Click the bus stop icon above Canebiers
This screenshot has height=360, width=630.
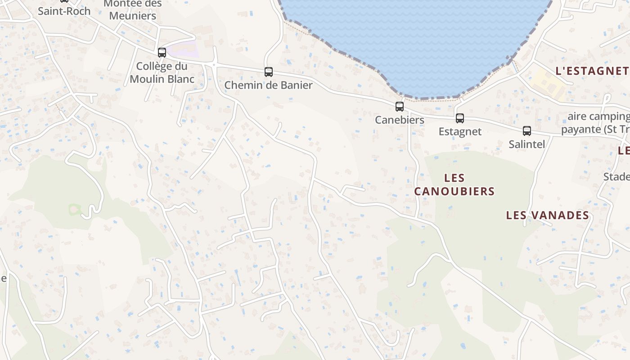399,107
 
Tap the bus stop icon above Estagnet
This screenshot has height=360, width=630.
459,118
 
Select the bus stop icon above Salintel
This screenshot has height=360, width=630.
526,131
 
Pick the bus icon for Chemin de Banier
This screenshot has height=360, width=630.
268,72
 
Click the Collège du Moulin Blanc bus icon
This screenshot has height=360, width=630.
162,53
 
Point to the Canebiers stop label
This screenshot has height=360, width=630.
400,120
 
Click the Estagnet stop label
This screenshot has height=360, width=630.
460,131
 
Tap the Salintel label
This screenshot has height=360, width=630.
526,144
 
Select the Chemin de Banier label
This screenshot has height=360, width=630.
268,85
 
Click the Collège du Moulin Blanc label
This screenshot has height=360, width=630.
162,72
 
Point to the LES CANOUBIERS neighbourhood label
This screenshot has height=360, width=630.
454,184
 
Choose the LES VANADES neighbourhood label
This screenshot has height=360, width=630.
547,215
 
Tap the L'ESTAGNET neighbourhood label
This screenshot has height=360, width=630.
591,71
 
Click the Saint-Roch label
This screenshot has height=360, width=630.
64,11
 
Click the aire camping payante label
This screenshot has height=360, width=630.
598,123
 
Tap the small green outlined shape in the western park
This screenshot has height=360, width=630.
74,209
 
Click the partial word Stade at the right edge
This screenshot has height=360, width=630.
616,176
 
